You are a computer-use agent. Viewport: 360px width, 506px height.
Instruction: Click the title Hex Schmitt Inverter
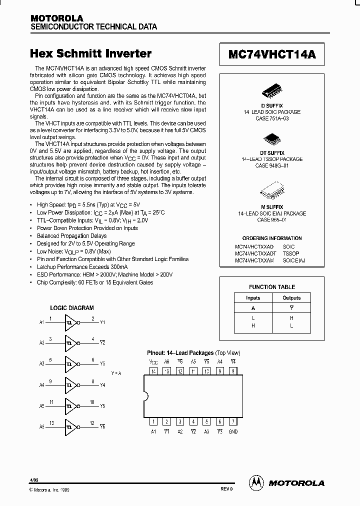90,53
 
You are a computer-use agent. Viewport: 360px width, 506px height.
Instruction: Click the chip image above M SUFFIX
272,190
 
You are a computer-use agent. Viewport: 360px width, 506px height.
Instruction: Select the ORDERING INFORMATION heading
272,238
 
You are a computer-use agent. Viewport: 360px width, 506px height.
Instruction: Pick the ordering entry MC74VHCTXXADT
254,253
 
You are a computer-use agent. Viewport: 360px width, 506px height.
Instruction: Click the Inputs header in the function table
253,298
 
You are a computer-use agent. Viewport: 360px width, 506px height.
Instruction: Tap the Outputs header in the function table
292,298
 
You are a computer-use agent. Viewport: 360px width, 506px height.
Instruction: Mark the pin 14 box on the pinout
153,371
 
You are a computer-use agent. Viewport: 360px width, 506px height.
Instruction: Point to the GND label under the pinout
233,431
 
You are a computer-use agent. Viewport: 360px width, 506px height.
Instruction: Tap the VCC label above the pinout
153,361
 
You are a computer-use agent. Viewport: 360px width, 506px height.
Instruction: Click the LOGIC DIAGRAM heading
72,308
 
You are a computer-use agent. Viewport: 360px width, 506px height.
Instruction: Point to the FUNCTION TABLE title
272,287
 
